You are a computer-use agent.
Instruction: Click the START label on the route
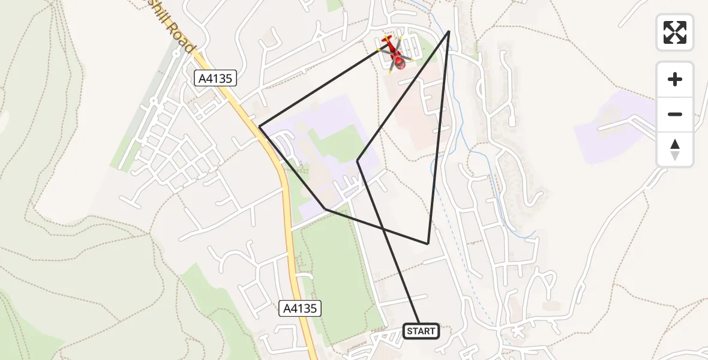(421, 331)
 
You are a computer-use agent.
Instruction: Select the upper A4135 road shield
(216, 78)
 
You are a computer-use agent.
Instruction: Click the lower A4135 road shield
(301, 309)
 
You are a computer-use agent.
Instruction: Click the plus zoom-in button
(675, 79)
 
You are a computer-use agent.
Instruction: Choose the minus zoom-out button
(675, 114)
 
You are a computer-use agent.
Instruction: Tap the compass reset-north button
(675, 149)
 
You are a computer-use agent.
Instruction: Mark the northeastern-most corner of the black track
(449, 31)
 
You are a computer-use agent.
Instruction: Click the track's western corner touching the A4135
(260, 127)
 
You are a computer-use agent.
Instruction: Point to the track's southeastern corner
(428, 244)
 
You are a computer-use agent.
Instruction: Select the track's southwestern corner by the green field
(325, 209)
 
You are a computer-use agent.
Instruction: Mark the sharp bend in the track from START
(358, 161)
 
